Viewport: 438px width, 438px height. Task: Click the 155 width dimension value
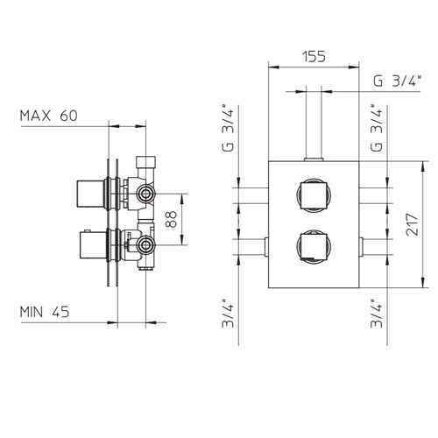pos(314,56)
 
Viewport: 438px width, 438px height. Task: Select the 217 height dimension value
pos(413,224)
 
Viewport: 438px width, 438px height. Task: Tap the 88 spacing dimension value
pos(171,219)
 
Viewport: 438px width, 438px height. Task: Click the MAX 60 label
pos(49,116)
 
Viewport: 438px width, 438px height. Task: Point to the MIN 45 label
pos(45,312)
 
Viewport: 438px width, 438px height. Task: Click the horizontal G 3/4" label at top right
pos(398,81)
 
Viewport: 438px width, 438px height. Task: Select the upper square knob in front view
pos(314,194)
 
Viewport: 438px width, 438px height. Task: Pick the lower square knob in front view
pos(314,246)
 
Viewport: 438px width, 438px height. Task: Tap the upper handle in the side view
pos(90,194)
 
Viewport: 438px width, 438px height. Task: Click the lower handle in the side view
pos(92,244)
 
